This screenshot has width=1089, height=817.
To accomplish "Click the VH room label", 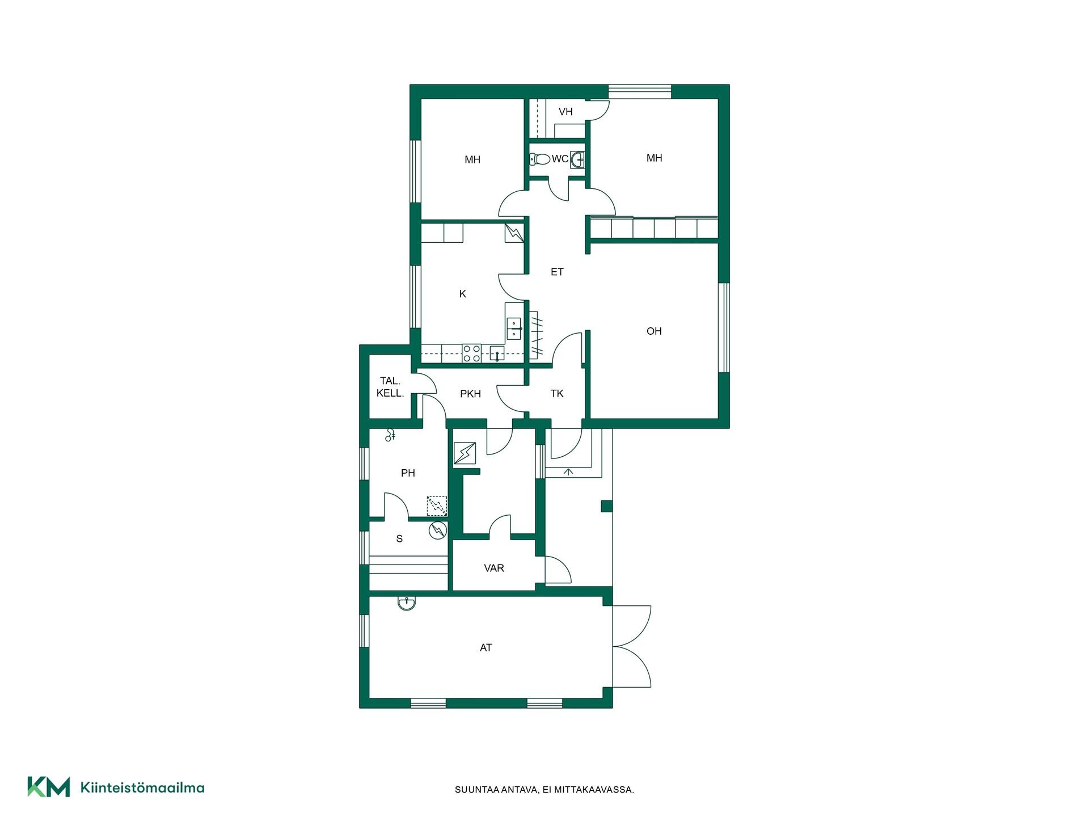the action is pyautogui.click(x=565, y=112).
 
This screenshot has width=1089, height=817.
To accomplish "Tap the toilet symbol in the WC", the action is pyautogui.click(x=541, y=159).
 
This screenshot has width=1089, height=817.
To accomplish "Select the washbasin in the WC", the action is pyautogui.click(x=577, y=159).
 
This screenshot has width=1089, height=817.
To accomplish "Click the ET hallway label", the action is pyautogui.click(x=557, y=272).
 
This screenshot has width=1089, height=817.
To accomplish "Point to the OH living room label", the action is pyautogui.click(x=654, y=331).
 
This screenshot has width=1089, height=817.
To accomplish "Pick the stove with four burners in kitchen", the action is pyautogui.click(x=471, y=353).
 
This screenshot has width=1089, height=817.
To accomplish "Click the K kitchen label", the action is pyautogui.click(x=463, y=294).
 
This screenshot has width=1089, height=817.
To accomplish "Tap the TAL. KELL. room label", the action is pyautogui.click(x=390, y=387).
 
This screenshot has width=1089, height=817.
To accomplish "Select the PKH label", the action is pyautogui.click(x=470, y=394).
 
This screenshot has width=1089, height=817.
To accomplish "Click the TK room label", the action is pyautogui.click(x=557, y=393).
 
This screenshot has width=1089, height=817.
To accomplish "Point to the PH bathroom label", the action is pyautogui.click(x=408, y=473).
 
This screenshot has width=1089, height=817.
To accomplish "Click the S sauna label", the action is pyautogui.click(x=399, y=539).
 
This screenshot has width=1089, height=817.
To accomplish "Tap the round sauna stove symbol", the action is pyautogui.click(x=438, y=530).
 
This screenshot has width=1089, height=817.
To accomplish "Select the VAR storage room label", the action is pyautogui.click(x=494, y=568).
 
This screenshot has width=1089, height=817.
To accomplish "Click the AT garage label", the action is pyautogui.click(x=486, y=647).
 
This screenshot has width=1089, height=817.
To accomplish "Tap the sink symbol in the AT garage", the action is pyautogui.click(x=407, y=603).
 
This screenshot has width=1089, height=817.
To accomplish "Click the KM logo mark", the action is pyautogui.click(x=49, y=786).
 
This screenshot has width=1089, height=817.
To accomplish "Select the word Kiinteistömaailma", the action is pyautogui.click(x=142, y=787).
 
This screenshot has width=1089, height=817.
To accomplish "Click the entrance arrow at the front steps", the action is pyautogui.click(x=569, y=471).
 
